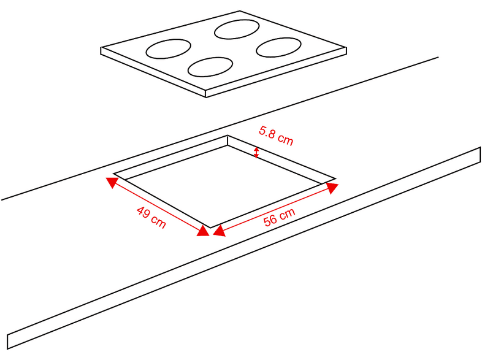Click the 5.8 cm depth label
[x=276, y=136]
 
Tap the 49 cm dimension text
[x=151, y=217]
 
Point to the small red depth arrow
[x=256, y=153]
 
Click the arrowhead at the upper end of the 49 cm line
[x=111, y=182]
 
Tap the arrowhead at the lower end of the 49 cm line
[x=203, y=231]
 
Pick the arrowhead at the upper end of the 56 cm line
[x=332, y=188]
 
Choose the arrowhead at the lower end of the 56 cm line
[x=219, y=231]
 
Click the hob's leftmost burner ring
[x=168, y=48]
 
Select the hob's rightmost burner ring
[x=278, y=47]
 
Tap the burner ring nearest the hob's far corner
[x=237, y=29]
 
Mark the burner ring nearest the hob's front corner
[x=210, y=67]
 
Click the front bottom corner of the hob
[x=205, y=98]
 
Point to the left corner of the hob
[x=101, y=48]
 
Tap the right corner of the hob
[x=346, y=48]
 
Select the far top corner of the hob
[x=240, y=11]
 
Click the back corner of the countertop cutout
[x=228, y=136]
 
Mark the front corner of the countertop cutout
[x=210, y=228]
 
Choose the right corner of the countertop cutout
[x=335, y=178]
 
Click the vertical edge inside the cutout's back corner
[x=228, y=140]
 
